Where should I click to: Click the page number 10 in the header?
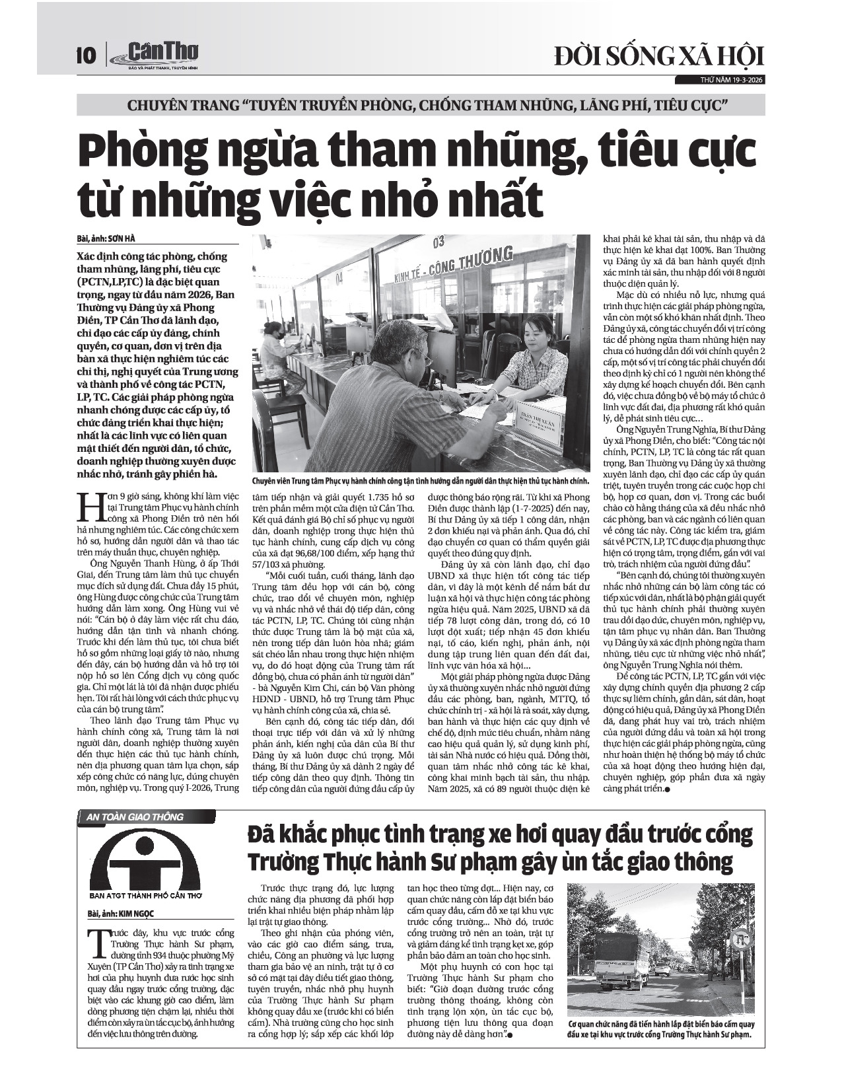coord(87,54)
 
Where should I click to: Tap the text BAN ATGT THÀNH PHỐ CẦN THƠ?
coord(145,896)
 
